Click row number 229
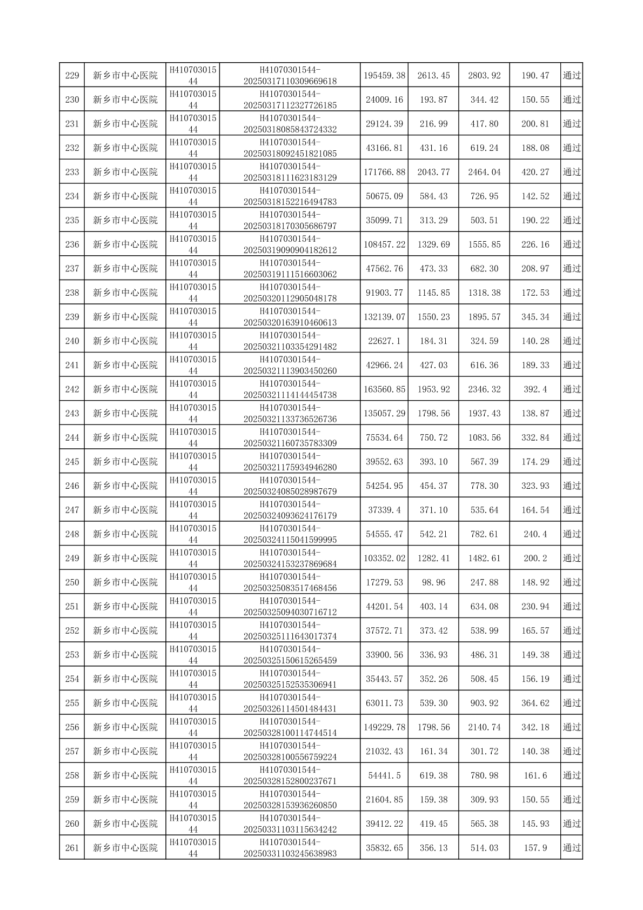point(72,75)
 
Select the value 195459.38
point(384,75)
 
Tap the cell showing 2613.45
point(433,75)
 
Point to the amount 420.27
point(535,172)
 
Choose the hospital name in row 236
point(125,244)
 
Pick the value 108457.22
point(384,244)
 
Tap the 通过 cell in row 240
point(572,341)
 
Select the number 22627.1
point(384,341)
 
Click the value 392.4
point(535,389)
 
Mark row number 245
point(72,462)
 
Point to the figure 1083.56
point(484,437)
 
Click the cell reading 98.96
point(433,582)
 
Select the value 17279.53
point(384,582)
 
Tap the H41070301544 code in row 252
point(193,630)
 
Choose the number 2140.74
point(484,727)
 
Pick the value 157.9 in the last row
point(535,848)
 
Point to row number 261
point(72,848)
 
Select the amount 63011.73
point(384,703)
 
